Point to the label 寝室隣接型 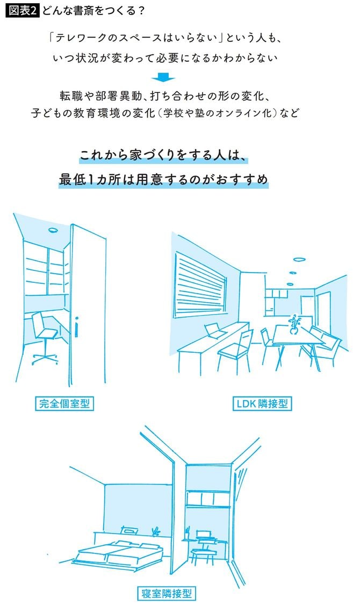coord(166,593)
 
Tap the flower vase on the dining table coord(293,325)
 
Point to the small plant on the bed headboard coord(156,532)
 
